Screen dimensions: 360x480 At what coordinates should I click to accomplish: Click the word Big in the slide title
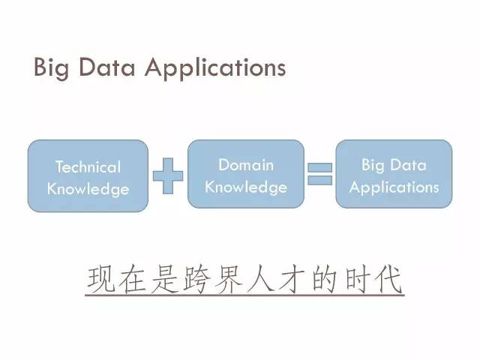click(50, 68)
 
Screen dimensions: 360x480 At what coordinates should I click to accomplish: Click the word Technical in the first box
click(88, 166)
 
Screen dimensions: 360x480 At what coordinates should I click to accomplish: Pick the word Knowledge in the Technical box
click(88, 188)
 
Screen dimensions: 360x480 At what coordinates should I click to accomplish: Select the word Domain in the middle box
click(246, 165)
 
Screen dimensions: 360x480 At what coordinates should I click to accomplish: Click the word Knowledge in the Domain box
click(246, 187)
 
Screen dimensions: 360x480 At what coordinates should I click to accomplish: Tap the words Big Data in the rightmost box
click(394, 165)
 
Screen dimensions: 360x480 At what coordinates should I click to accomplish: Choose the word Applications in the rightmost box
click(394, 187)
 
